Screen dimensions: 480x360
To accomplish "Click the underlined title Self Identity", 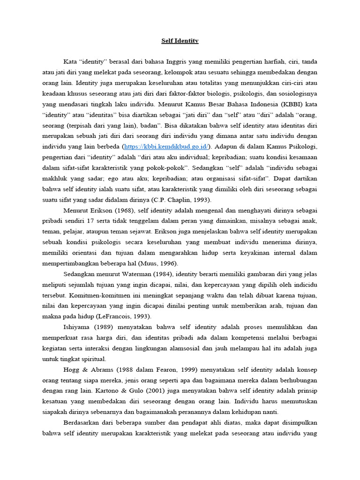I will (177, 41).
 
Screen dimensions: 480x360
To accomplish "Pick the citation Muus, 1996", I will (161, 263).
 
